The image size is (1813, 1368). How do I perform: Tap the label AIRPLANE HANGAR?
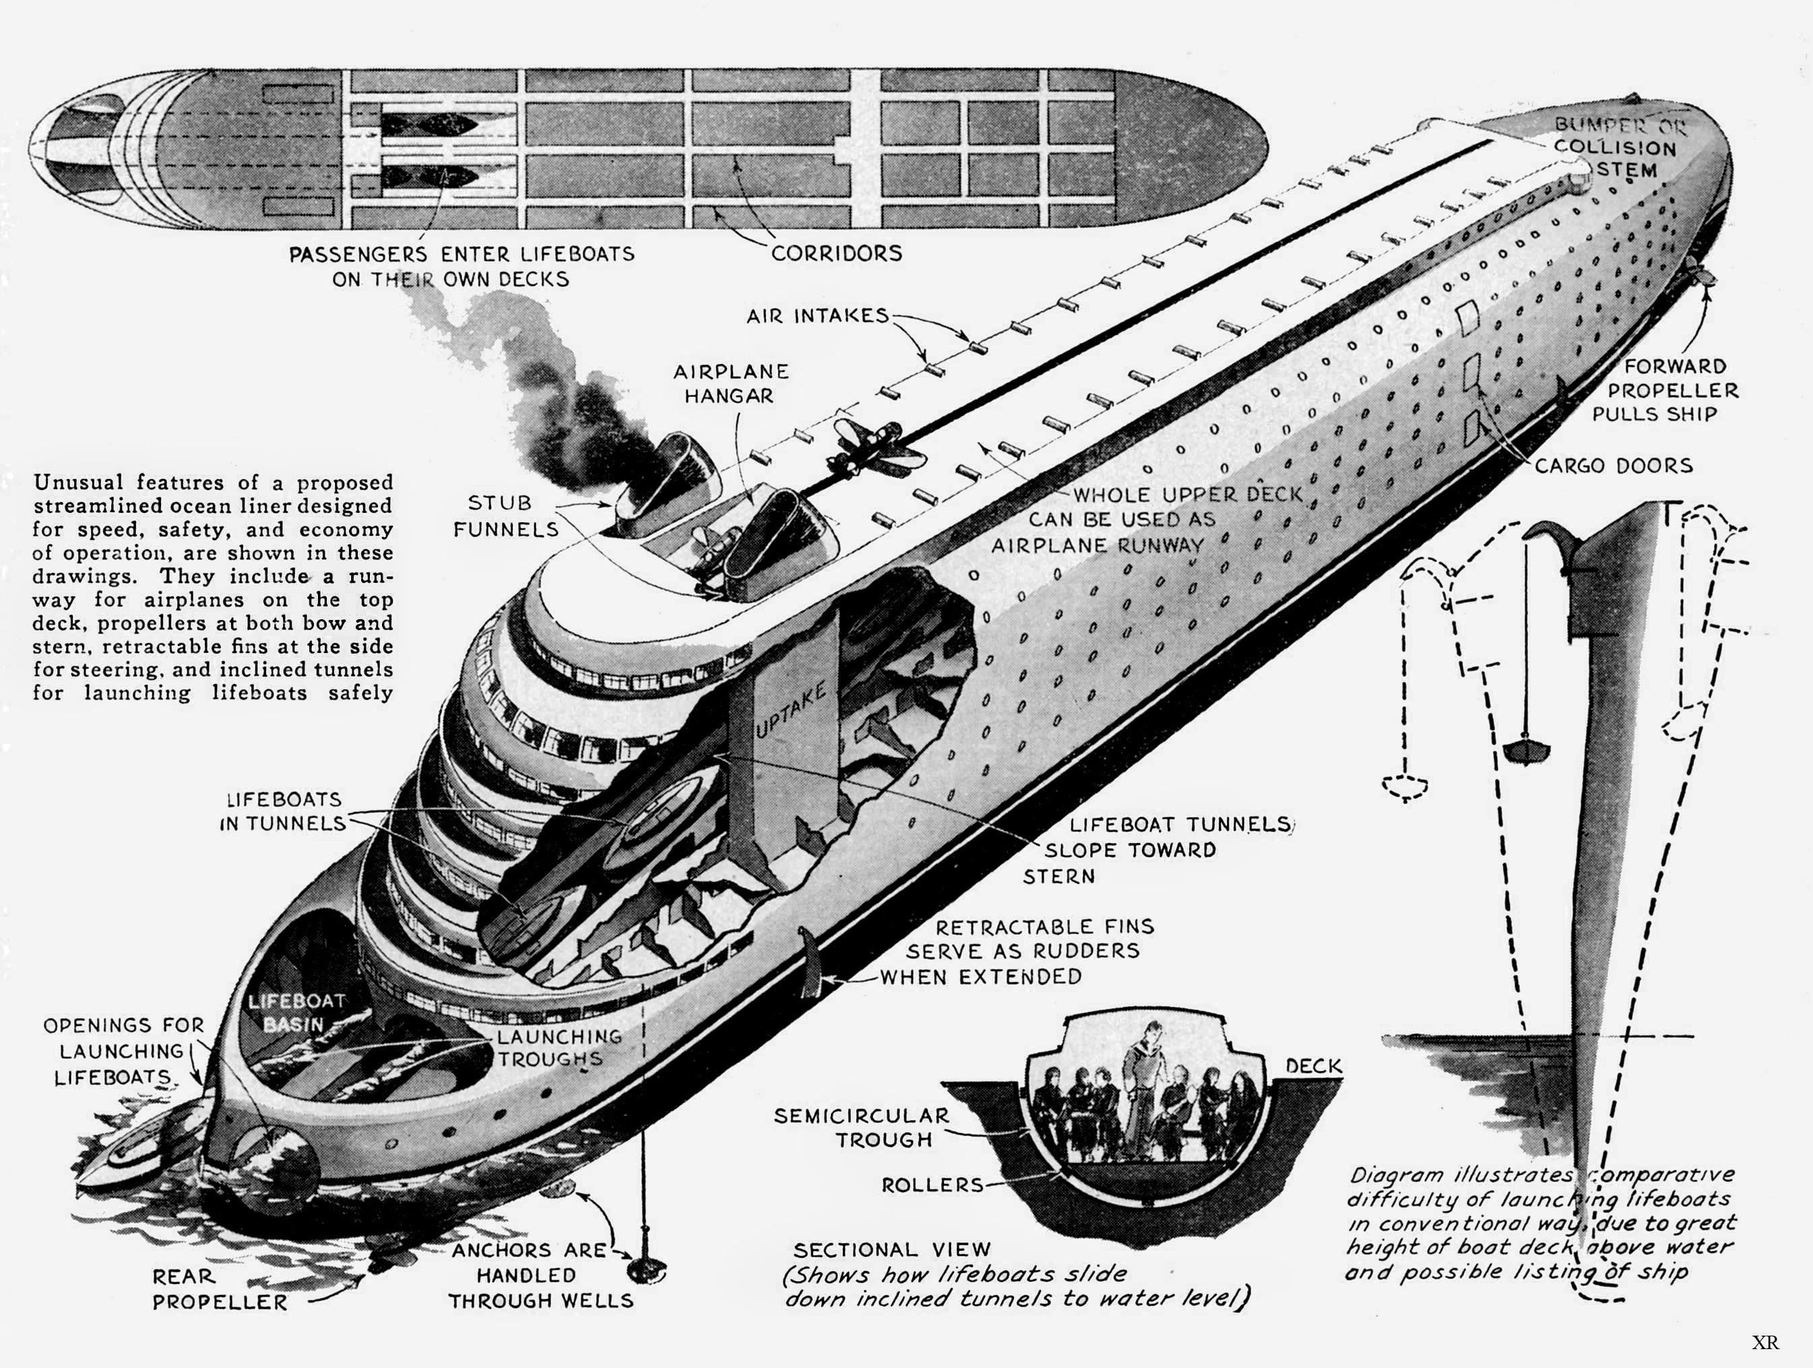pos(730,383)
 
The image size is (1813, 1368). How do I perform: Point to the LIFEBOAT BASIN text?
pos(295,1012)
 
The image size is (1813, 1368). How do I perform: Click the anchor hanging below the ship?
pos(644,1269)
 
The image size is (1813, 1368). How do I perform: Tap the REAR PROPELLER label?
pos(220,1289)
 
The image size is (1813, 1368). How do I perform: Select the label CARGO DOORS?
pos(1613,466)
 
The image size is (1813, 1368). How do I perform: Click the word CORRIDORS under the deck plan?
pos(836,253)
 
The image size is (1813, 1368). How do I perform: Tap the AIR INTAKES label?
pos(817,315)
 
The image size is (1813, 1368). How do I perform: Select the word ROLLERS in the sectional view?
pos(932,1185)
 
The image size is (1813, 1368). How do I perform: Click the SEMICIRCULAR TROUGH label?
pos(862,1128)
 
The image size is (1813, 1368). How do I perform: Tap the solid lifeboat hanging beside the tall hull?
pos(1525,750)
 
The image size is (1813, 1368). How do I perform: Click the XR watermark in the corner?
pos(1765,1342)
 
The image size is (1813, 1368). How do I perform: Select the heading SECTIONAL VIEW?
pos(892,1250)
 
